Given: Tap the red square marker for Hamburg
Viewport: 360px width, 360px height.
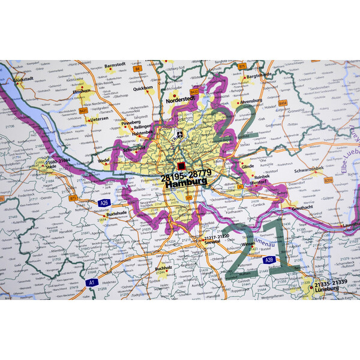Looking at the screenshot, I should pos(181,166).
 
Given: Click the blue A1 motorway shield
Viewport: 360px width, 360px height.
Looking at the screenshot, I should pos(92,281).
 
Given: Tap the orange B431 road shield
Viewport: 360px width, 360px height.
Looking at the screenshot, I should pos(83,110).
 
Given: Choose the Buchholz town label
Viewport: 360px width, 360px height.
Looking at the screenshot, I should pos(164,268).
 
